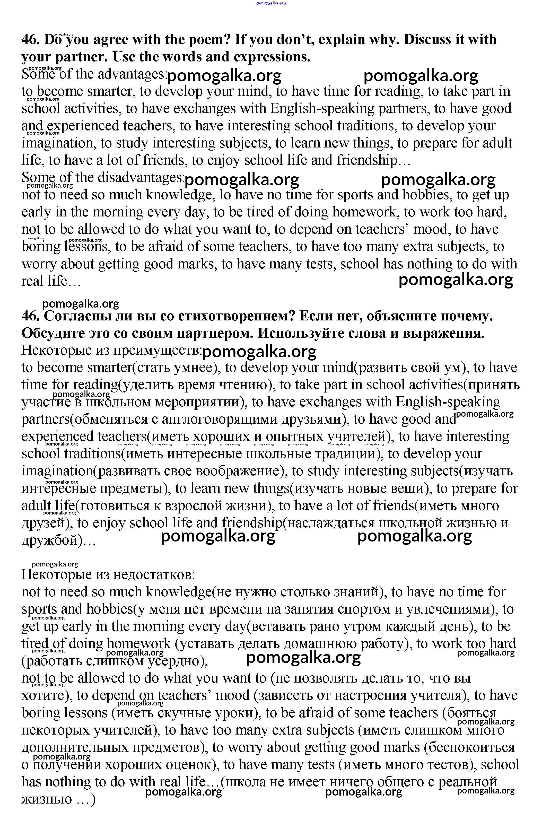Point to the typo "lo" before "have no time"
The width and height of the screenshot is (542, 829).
coord(225,195)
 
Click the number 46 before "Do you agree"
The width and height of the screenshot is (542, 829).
coord(31,40)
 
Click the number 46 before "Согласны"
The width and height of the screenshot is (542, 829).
coord(31,316)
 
